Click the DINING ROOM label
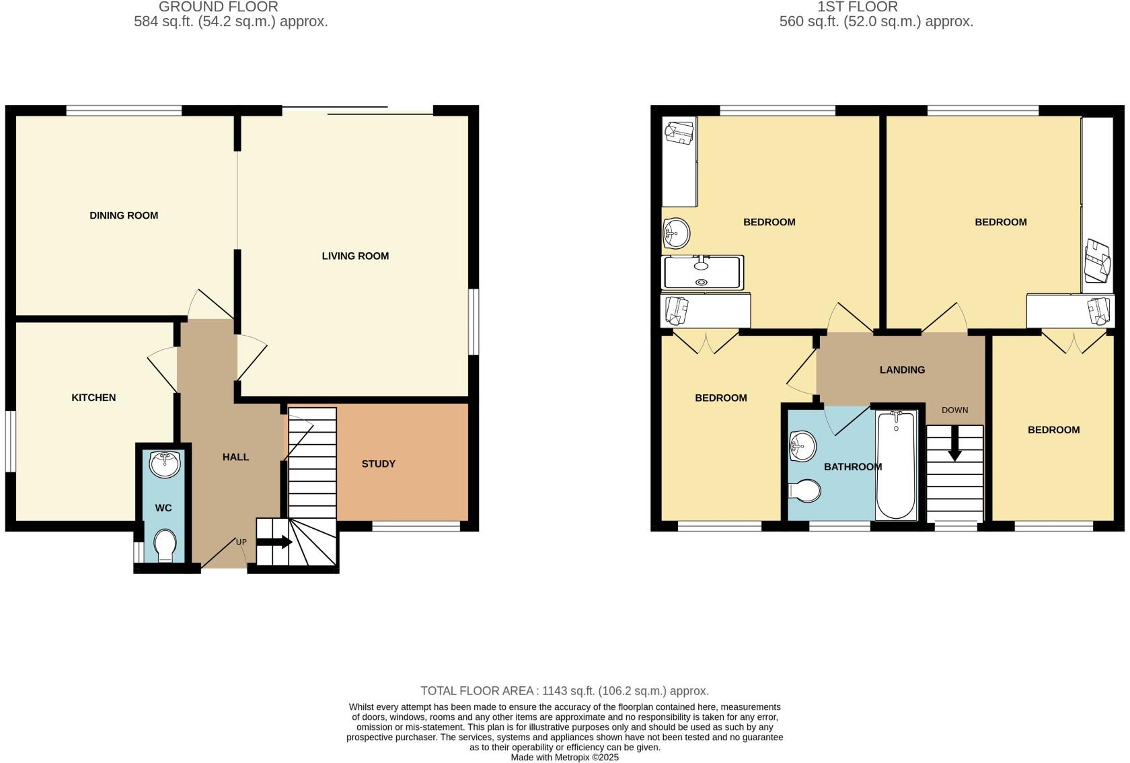pos(124,215)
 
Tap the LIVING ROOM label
pos(355,256)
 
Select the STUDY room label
pos(379,464)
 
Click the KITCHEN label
pos(93,398)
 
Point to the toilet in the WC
pos(165,545)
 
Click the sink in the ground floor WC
pos(164,464)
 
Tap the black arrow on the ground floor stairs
pos(274,542)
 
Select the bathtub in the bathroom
pos(896,466)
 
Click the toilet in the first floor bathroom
pos(806,490)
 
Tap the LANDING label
pos(902,369)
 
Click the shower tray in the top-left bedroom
pos(703,272)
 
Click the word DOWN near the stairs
pos(954,410)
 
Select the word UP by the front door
pos(241,542)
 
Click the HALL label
pos(235,457)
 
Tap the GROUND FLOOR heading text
pos(218,7)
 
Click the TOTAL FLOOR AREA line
pos(564,691)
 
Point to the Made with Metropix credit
pos(564,757)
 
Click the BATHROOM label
pos(853,466)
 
